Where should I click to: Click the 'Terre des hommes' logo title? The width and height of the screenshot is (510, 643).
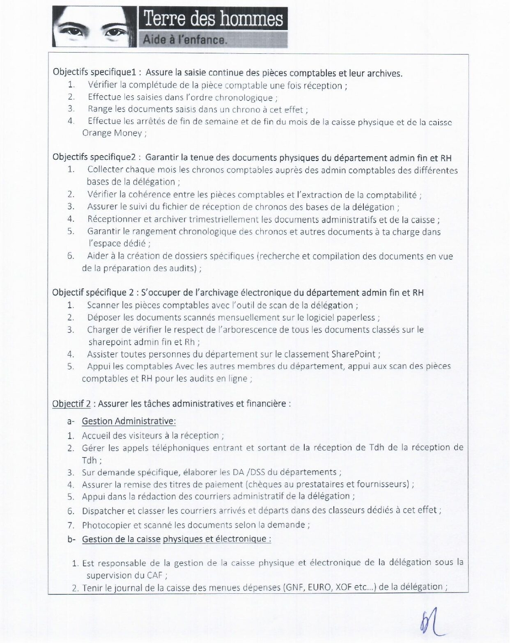click(213, 19)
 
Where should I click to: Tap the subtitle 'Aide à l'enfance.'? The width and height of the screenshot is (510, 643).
click(185, 40)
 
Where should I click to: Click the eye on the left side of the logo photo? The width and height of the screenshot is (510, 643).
click(71, 30)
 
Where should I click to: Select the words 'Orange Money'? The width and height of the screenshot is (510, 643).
click(112, 133)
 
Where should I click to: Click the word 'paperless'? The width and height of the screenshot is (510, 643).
click(356, 317)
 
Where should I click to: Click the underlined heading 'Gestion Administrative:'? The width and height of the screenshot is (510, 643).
click(129, 421)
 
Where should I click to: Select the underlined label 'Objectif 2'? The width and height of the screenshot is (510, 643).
click(71, 403)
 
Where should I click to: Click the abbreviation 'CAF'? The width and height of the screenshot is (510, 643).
click(154, 575)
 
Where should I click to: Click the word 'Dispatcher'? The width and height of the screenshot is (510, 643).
click(103, 511)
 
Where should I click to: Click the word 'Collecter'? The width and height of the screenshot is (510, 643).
click(105, 169)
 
